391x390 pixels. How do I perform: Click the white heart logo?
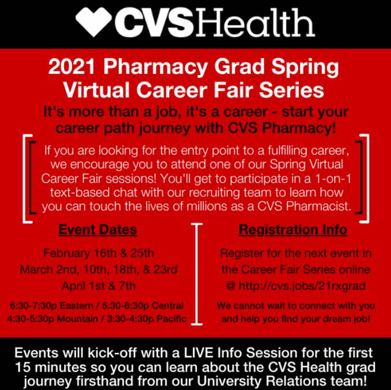(x=93, y=21)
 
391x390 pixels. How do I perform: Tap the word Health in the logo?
(x=255, y=22)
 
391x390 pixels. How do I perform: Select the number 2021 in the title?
(x=71, y=66)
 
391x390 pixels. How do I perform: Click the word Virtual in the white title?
(x=97, y=90)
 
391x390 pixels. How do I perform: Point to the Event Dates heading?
(x=98, y=229)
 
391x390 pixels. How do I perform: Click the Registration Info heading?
(x=293, y=229)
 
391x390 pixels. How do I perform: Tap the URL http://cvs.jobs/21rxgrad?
(x=302, y=286)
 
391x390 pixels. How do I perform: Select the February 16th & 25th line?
(x=98, y=253)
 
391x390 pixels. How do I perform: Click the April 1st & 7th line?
(x=98, y=285)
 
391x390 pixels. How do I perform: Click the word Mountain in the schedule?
(x=77, y=319)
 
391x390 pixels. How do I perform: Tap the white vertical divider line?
(x=197, y=274)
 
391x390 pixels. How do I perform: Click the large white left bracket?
(x=24, y=178)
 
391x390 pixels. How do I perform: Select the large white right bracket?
(x=367, y=178)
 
